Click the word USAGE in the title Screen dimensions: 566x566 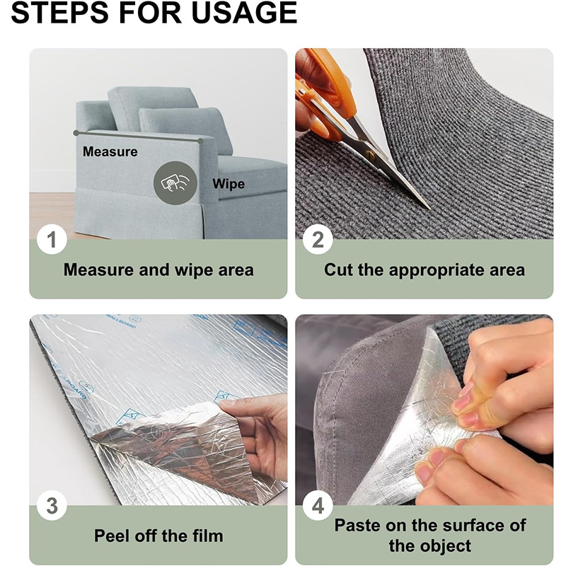tap(244, 13)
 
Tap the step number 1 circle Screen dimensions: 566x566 tap(52, 239)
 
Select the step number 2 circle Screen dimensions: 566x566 tap(318, 239)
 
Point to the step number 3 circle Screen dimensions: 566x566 tap(52, 505)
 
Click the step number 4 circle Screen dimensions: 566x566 tap(318, 505)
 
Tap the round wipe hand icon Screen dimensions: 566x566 tap(175, 183)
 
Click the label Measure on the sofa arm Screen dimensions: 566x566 tap(110, 151)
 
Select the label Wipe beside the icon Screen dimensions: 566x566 tap(229, 184)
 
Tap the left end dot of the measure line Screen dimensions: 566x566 tap(76, 133)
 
